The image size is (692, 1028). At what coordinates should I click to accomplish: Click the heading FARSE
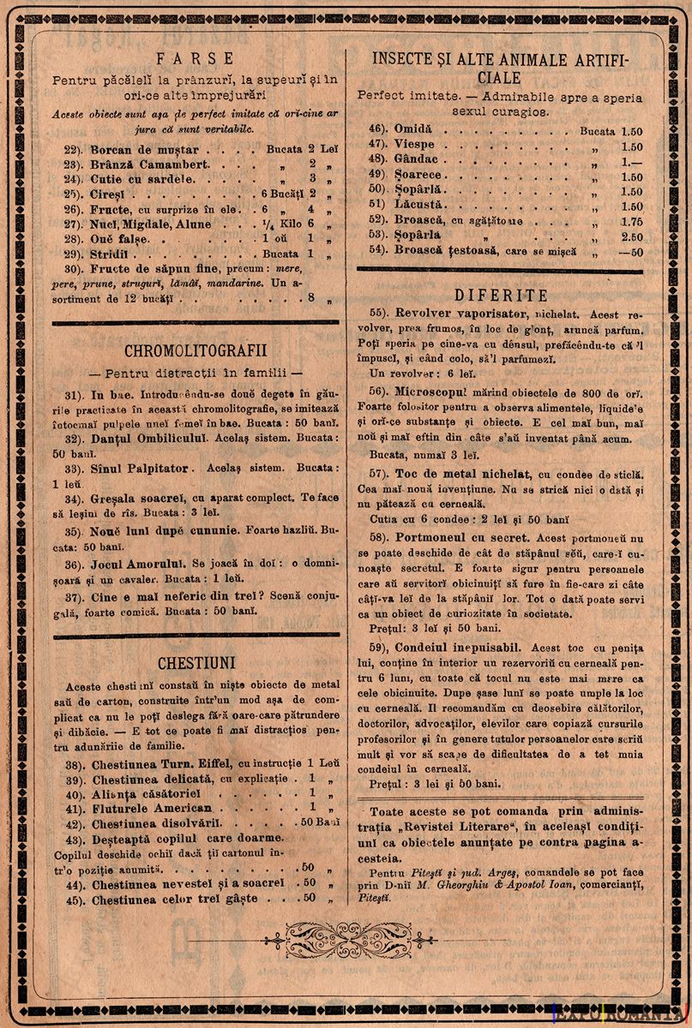pyautogui.click(x=183, y=58)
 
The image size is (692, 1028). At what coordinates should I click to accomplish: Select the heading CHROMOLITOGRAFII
pyautogui.click(x=183, y=351)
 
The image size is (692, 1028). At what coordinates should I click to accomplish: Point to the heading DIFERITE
pyautogui.click(x=502, y=296)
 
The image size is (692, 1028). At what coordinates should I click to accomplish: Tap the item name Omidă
pyautogui.click(x=413, y=128)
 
